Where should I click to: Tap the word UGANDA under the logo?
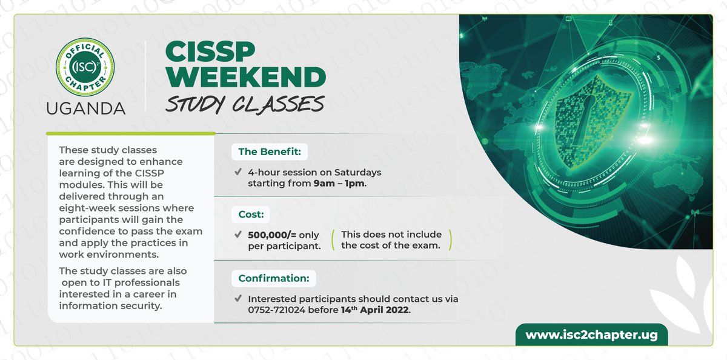click(85, 108)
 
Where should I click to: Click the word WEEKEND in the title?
click(245, 78)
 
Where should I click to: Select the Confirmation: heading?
click(273, 279)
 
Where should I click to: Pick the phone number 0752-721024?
click(279, 310)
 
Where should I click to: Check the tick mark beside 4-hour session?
click(238, 172)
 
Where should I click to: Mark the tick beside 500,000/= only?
click(238, 235)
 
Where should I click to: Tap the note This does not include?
click(391, 235)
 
